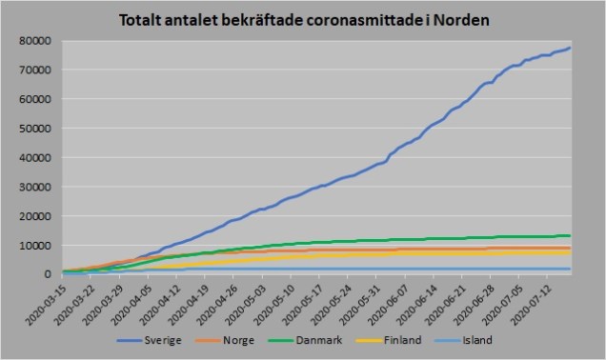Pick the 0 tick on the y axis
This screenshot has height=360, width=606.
click(55, 274)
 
